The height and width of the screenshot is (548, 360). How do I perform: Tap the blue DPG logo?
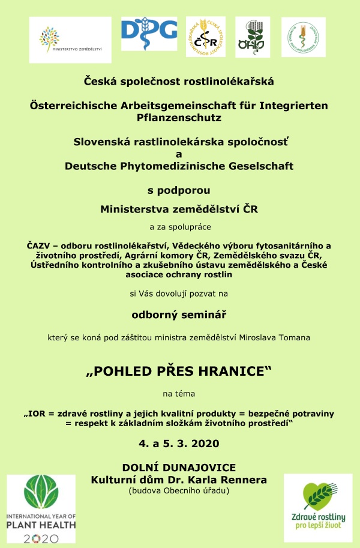point(149,35)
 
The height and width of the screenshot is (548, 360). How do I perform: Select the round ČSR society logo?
point(206,37)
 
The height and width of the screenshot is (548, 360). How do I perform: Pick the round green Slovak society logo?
point(303,37)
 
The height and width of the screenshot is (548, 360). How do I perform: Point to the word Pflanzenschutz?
point(179,118)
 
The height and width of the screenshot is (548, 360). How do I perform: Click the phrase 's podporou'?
point(179,191)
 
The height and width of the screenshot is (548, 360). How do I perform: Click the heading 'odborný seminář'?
point(179,314)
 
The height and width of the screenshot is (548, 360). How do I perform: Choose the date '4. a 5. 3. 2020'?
point(179,444)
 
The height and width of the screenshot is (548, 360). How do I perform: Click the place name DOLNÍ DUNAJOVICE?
point(179,467)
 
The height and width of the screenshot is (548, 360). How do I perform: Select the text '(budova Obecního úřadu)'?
point(179,491)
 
